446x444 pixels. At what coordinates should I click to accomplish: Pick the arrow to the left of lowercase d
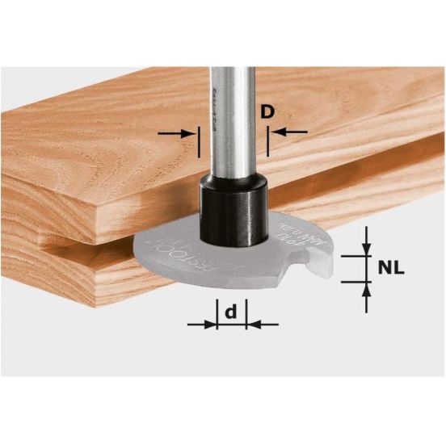(202, 324)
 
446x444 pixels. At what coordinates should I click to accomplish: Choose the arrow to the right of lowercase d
(261, 324)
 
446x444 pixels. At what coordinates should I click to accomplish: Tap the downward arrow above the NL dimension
(366, 241)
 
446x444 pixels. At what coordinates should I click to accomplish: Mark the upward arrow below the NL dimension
(366, 295)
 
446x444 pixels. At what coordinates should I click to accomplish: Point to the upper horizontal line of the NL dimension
(356, 255)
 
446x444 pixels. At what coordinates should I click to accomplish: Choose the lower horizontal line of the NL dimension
(356, 281)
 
